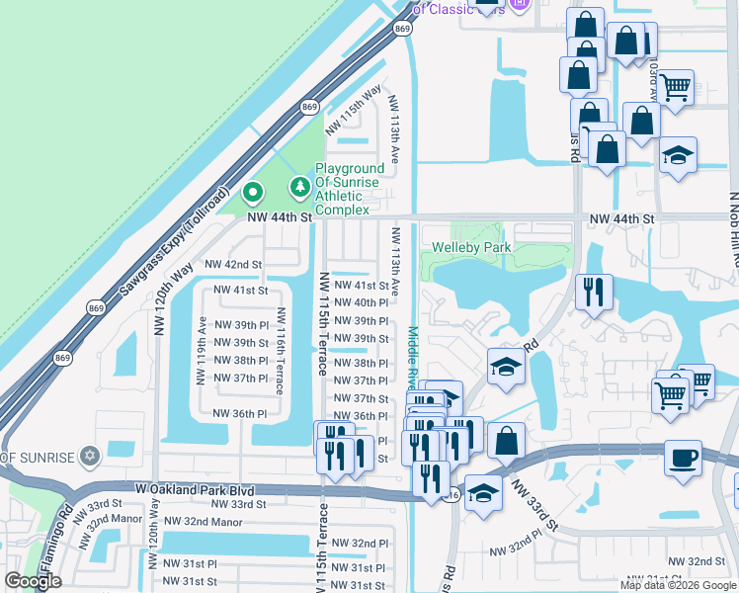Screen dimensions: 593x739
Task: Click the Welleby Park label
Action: point(471,247)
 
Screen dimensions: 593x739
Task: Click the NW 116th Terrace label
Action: point(282,350)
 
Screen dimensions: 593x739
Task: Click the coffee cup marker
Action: point(683,458)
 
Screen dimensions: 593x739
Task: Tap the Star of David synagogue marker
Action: point(91,455)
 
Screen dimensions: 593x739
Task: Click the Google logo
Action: point(33,581)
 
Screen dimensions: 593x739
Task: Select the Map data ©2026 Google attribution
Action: point(678,585)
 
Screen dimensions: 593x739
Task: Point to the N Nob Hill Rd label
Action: point(734,229)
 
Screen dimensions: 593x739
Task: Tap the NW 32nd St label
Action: point(706,561)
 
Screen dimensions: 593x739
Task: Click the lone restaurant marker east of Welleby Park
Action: point(594,291)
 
